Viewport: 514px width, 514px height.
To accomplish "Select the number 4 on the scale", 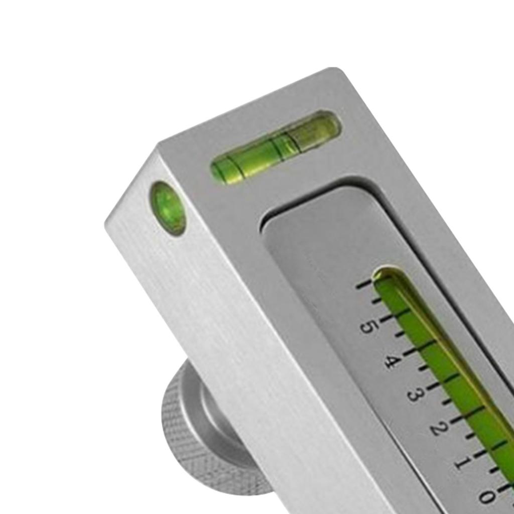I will (x=392, y=361).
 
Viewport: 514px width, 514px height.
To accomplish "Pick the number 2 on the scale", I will (x=438, y=428).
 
